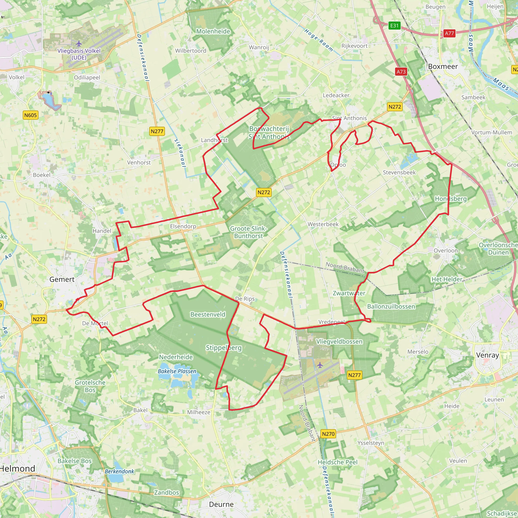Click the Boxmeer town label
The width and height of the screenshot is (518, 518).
(x=443, y=67)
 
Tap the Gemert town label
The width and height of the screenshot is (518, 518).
(x=62, y=279)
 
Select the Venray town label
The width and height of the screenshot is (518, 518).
(x=487, y=355)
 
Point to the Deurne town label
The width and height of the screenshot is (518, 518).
(x=221, y=504)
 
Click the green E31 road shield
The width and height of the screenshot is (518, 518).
(x=394, y=26)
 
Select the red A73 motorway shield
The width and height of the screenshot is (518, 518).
(x=401, y=72)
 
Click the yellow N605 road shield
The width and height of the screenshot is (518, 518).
(x=31, y=115)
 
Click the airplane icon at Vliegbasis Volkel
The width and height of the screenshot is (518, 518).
(x=79, y=44)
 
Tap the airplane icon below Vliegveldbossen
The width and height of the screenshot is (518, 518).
(x=320, y=365)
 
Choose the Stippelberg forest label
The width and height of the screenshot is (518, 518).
(x=224, y=348)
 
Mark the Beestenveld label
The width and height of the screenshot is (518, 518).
(x=208, y=314)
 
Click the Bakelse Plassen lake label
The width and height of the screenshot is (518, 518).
(x=177, y=371)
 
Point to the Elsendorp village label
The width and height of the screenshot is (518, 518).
(x=183, y=226)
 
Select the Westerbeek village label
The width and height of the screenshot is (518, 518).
(x=323, y=224)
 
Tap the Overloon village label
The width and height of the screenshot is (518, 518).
(x=446, y=250)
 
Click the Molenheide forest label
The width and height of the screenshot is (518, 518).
(x=213, y=31)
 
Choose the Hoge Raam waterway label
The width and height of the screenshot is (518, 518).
(x=319, y=40)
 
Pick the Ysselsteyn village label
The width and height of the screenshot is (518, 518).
(x=371, y=443)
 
